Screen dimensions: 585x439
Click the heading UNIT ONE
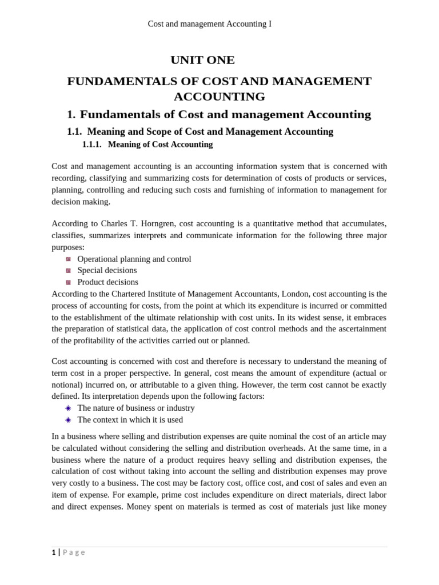pos(202,60)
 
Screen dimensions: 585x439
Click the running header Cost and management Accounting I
pos(209,24)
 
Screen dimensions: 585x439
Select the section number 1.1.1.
pos(91,145)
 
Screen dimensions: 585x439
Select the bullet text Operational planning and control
pos(134,259)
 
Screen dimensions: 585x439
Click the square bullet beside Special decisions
pos(68,271)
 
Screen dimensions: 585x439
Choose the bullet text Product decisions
pos(107,282)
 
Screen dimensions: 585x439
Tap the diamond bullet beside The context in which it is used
pos(68,420)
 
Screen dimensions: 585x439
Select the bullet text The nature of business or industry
pos(135,408)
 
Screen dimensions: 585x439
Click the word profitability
pos(86,340)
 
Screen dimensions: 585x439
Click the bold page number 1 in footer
pos(54,552)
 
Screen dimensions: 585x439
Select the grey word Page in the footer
pos(74,552)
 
